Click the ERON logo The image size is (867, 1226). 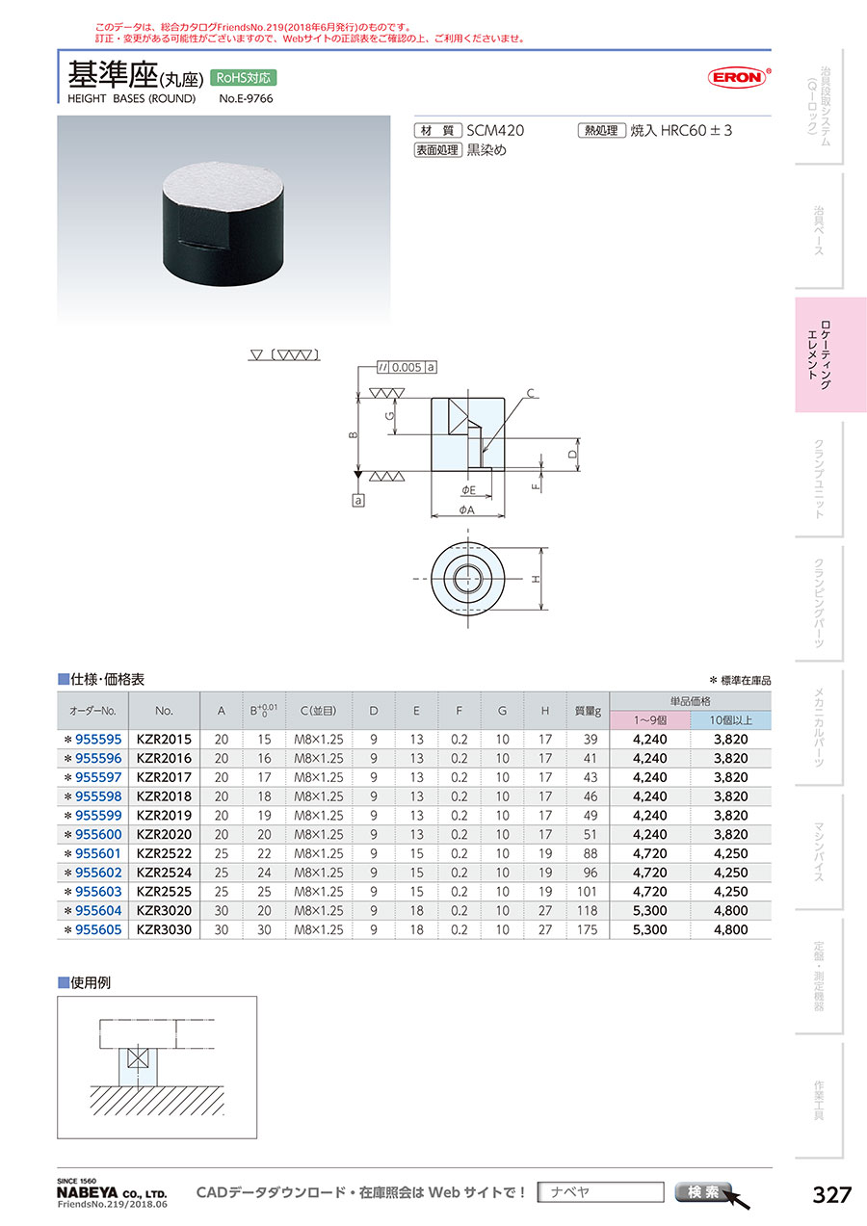coord(738,77)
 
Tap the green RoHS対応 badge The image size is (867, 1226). coord(244,78)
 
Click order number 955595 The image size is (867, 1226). coord(98,740)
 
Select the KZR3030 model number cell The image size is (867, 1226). coord(164,930)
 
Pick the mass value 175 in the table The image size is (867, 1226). coord(588,930)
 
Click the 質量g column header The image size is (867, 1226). coord(588,711)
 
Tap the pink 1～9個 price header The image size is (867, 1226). coord(650,720)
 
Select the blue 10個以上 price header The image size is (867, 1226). coord(731,720)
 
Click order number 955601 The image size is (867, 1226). coord(98,854)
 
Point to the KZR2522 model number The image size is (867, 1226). coord(164,854)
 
